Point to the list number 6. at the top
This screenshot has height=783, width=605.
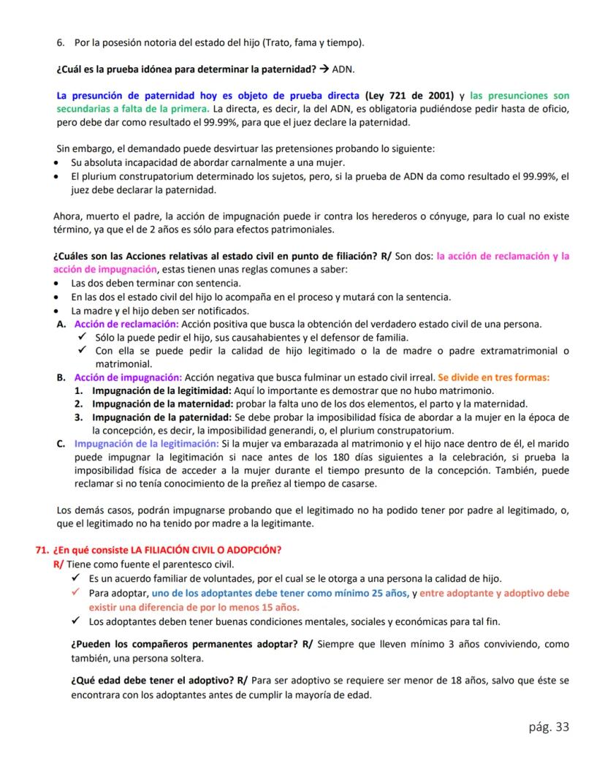61,45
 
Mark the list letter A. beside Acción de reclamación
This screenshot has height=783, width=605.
61,324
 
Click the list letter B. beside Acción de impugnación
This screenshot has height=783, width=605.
61,377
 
